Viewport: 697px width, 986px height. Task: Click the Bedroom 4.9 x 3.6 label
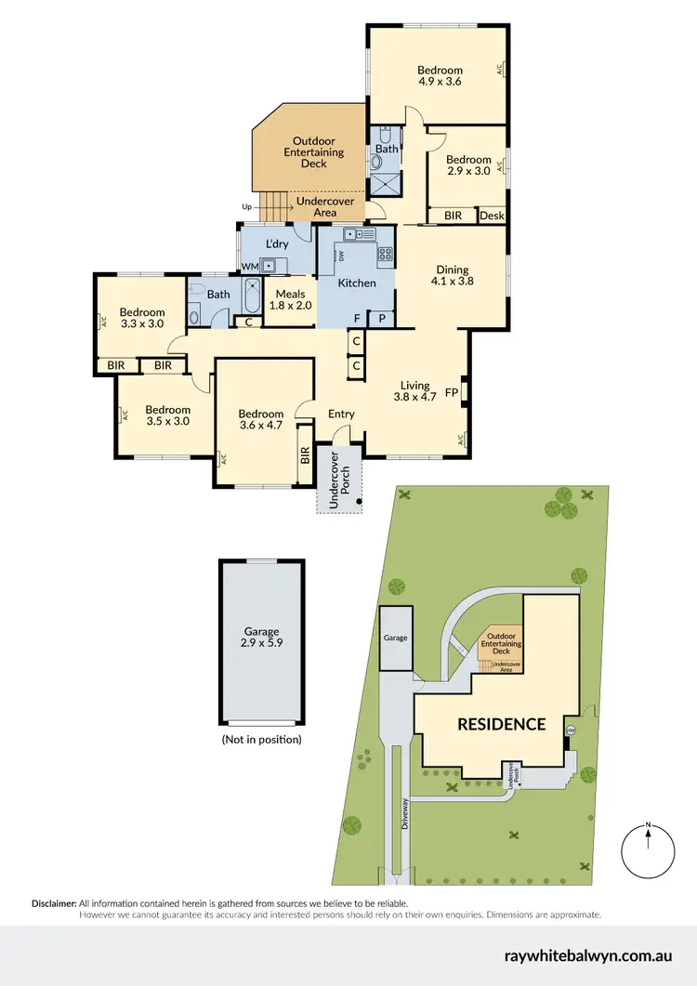(440, 75)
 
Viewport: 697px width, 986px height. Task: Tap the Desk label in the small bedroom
(493, 216)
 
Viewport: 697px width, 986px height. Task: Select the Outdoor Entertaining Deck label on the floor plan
(313, 152)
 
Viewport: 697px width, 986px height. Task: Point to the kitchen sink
(354, 234)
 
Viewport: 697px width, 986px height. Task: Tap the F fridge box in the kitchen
(357, 319)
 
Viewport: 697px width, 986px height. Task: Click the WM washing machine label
(249, 267)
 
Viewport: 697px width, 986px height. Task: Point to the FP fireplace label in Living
(451, 391)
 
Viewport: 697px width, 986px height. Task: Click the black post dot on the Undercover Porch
(359, 503)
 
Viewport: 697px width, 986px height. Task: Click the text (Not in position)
(261, 740)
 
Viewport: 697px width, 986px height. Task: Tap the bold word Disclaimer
(54, 903)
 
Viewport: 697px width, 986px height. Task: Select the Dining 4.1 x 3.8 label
(453, 276)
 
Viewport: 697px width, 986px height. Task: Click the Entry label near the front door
(341, 414)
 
